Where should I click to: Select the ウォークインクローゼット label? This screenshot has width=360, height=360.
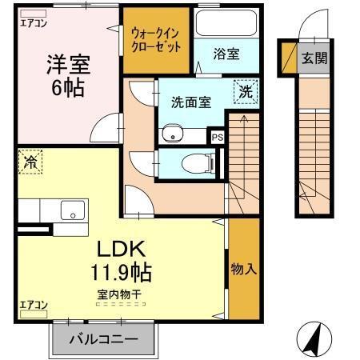tap(156, 40)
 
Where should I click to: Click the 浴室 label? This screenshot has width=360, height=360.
tap(226, 54)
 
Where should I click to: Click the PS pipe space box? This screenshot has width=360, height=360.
tap(217, 137)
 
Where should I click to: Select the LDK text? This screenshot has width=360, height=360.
tap(121, 248)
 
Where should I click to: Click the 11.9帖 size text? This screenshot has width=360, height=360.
tap(120, 272)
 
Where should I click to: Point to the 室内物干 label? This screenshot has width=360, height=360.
tap(120, 294)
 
